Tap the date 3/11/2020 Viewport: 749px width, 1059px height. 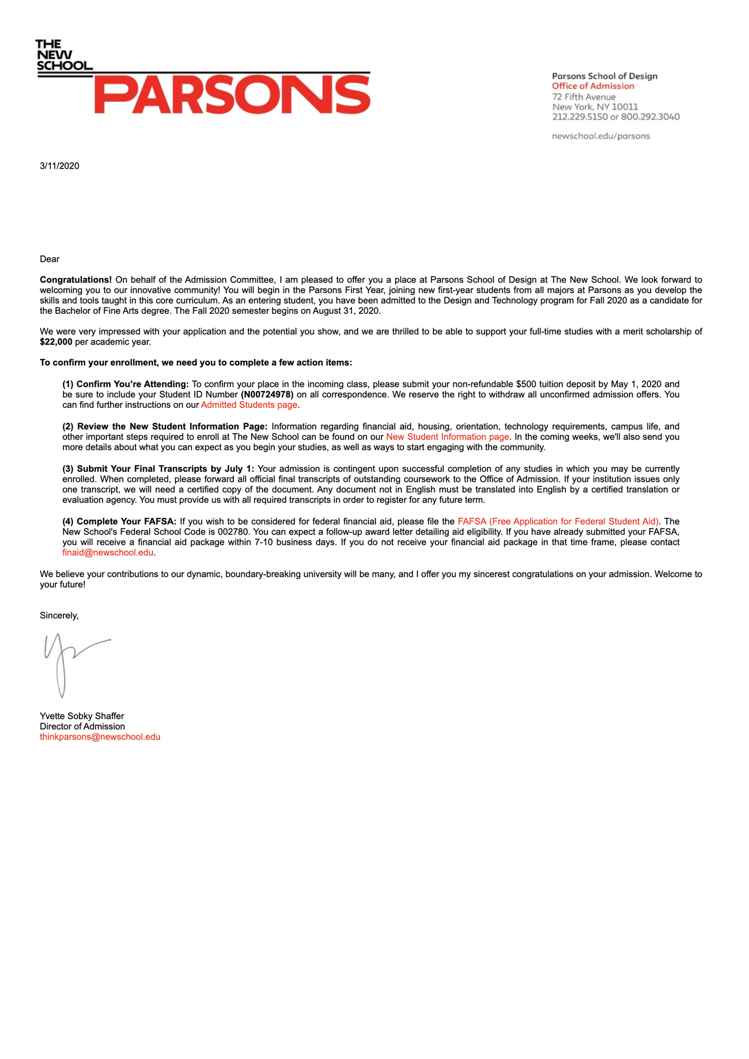click(59, 166)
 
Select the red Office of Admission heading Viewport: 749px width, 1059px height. click(593, 86)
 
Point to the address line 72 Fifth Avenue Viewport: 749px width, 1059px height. click(584, 97)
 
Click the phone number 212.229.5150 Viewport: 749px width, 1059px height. click(580, 117)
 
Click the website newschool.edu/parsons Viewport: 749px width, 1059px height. click(601, 136)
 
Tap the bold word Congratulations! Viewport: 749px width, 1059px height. click(76, 280)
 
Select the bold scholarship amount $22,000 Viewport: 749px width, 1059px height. click(56, 342)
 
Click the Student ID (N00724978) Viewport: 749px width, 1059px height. click(267, 394)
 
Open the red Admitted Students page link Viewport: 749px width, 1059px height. click(249, 405)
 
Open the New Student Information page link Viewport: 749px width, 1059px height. click(448, 437)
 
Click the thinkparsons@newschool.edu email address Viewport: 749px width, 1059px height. click(100, 737)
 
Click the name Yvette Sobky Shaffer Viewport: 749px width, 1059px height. click(82, 716)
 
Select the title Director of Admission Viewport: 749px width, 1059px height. click(82, 726)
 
